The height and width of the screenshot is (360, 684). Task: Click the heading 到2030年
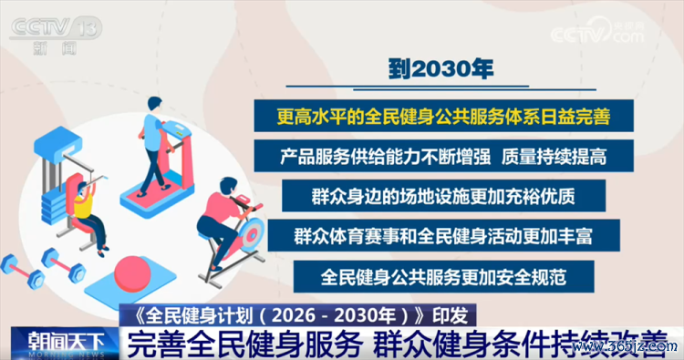440,69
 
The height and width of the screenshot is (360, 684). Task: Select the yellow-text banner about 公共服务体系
443,116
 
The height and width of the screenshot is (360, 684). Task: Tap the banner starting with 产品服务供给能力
443,156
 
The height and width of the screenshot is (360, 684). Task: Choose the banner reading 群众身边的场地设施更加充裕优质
443,196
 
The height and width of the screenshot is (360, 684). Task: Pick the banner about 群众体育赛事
443,236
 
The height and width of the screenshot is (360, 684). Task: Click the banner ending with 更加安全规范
443,277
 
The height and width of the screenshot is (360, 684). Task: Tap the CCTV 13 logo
56,36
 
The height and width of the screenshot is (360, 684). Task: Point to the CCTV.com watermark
597,32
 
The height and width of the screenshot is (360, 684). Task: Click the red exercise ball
132,274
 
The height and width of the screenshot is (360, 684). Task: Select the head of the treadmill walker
154,104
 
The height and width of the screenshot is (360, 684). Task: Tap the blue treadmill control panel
177,129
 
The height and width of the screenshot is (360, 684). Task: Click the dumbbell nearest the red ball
64,266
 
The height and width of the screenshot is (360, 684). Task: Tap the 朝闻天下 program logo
66,344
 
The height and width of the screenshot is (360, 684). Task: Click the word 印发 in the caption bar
451,315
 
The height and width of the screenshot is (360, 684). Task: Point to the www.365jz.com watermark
625,347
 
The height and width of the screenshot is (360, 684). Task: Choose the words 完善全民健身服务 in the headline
244,345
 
